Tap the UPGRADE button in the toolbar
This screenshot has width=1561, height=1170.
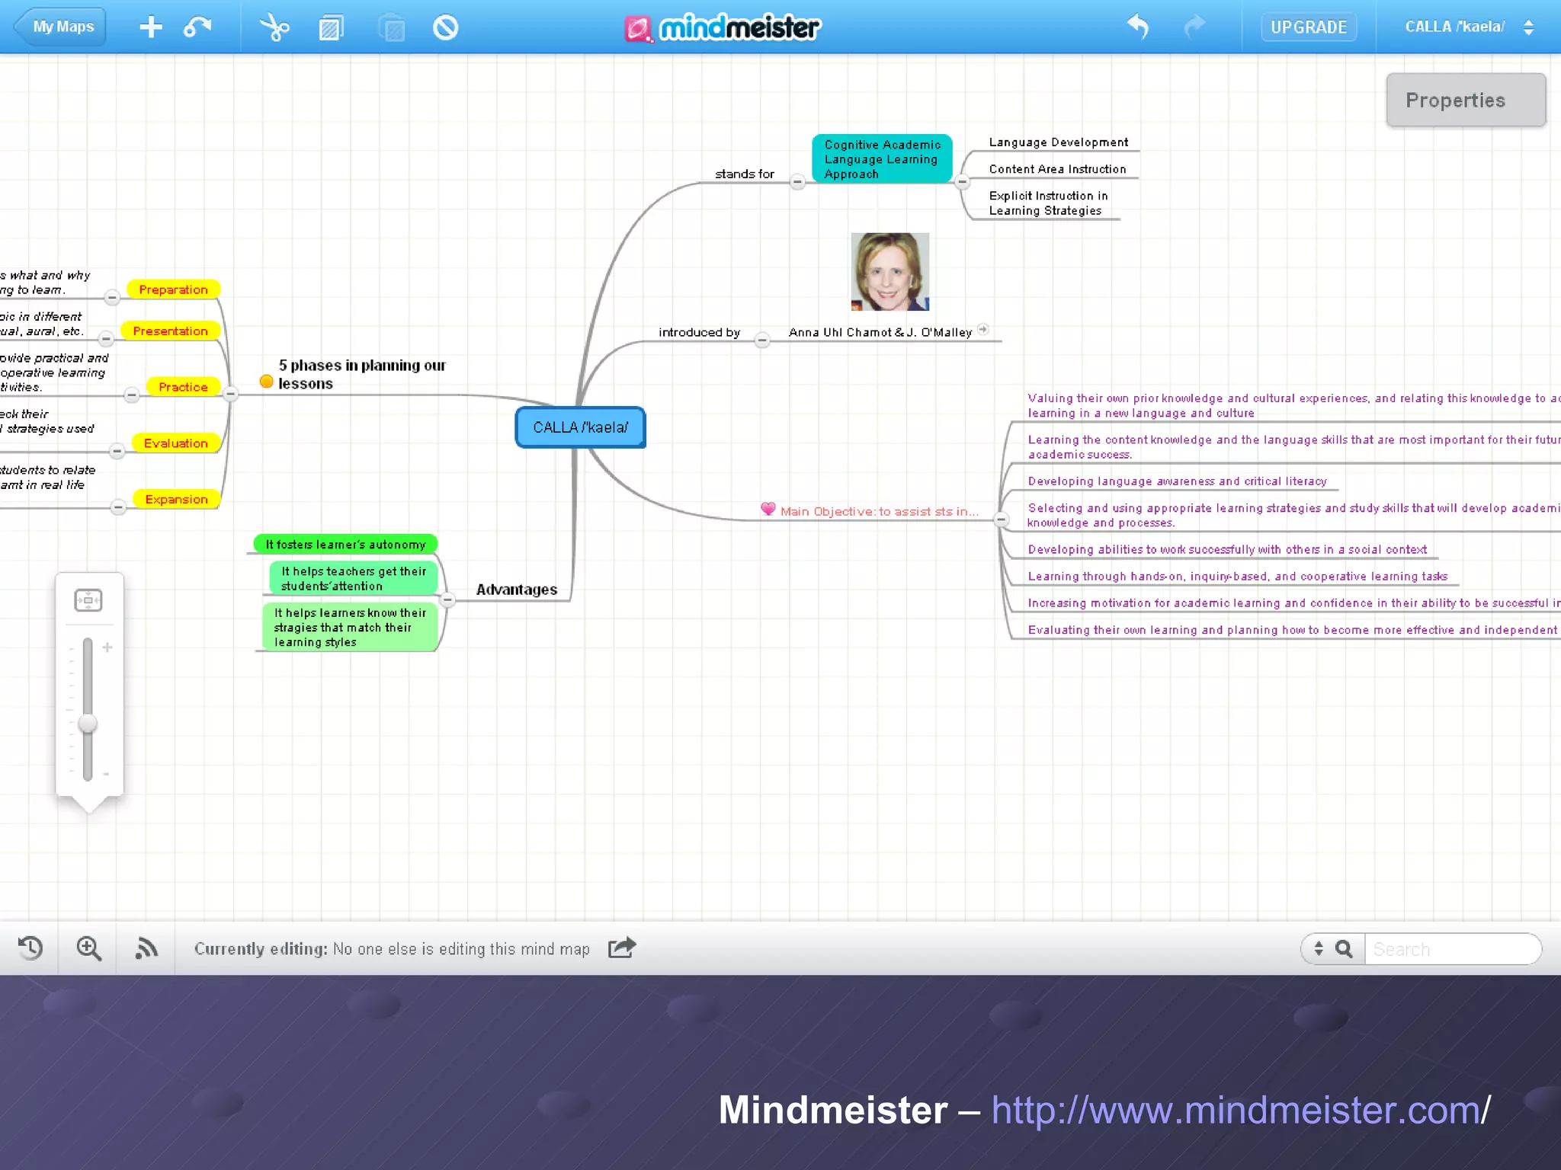pyautogui.click(x=1308, y=27)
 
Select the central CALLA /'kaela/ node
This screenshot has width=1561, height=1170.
pyautogui.click(x=581, y=427)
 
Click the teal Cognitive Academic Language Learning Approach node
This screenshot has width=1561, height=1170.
pyautogui.click(x=882, y=159)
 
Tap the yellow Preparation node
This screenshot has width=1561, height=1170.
pyautogui.click(x=173, y=289)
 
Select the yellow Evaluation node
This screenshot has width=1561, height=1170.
pyautogui.click(x=175, y=443)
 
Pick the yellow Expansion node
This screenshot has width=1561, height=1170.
pyautogui.click(x=176, y=500)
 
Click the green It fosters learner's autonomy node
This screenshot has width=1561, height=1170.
pyautogui.click(x=345, y=545)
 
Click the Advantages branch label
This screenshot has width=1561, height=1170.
pyautogui.click(x=516, y=590)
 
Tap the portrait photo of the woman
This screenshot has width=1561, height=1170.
pyautogui.click(x=889, y=272)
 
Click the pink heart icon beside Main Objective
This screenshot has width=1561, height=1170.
pyautogui.click(x=768, y=509)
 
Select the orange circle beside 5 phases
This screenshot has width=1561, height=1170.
pyautogui.click(x=266, y=382)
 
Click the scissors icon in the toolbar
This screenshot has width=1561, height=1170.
pyautogui.click(x=274, y=27)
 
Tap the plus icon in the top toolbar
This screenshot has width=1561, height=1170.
pyautogui.click(x=151, y=27)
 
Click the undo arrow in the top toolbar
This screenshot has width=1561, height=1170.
pyautogui.click(x=1137, y=27)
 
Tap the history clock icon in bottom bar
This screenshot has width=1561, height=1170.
pyautogui.click(x=30, y=948)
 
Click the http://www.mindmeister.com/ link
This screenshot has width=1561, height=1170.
pyautogui.click(x=1240, y=1110)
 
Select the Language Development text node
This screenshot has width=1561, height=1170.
pyautogui.click(x=1058, y=142)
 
